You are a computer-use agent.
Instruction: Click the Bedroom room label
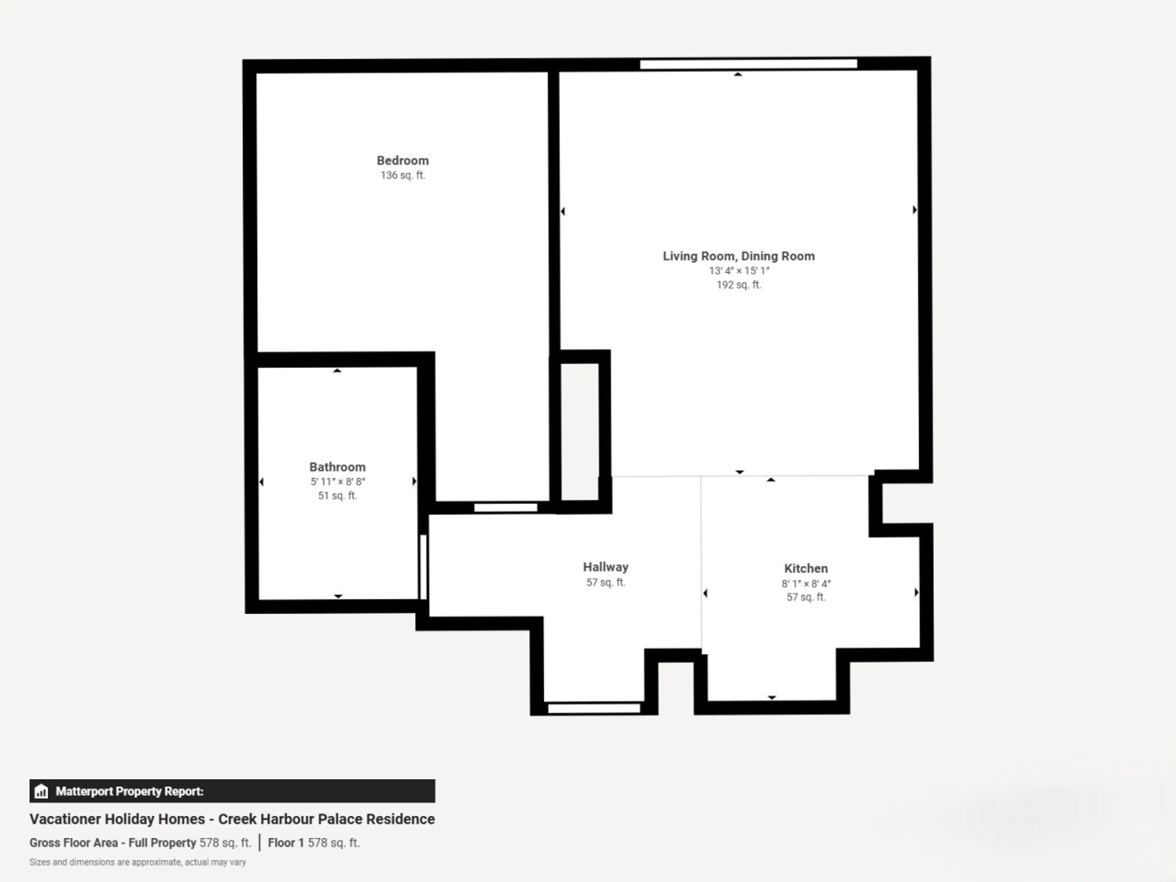point(402,160)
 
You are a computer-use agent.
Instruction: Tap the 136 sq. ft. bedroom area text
point(402,175)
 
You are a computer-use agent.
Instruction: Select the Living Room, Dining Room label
point(738,256)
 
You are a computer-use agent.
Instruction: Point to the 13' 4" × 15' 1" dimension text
point(738,271)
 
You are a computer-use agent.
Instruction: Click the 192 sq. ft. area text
point(738,285)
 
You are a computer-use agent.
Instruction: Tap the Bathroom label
point(337,467)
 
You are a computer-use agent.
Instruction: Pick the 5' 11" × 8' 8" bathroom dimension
point(337,482)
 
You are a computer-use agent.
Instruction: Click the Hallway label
point(605,567)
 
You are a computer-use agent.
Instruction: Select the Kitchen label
point(806,568)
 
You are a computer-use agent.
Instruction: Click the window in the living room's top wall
point(748,64)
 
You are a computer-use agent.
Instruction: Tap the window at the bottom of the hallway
point(594,708)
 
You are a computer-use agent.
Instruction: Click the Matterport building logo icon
point(41,792)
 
